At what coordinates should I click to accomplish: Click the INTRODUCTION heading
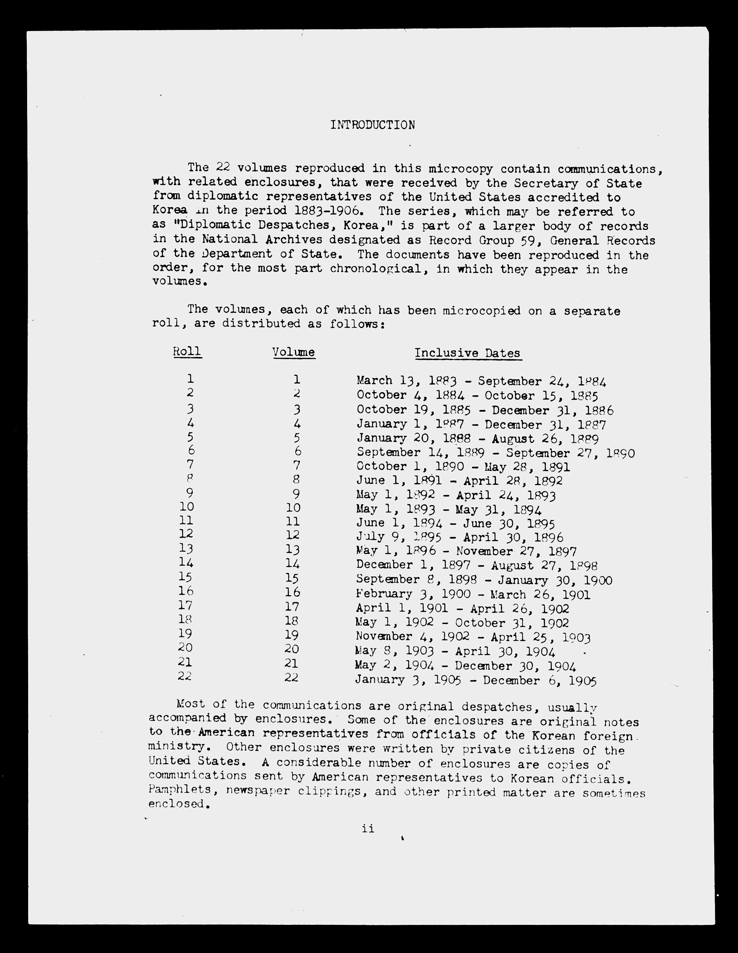[x=372, y=125]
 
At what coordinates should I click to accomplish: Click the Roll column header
[x=187, y=351]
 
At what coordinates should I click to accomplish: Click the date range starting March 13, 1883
[x=481, y=381]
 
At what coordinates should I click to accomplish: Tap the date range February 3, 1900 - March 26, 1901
[x=473, y=594]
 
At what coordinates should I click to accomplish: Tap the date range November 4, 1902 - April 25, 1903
[x=473, y=638]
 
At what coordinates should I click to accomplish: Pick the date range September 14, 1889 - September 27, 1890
[x=495, y=453]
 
